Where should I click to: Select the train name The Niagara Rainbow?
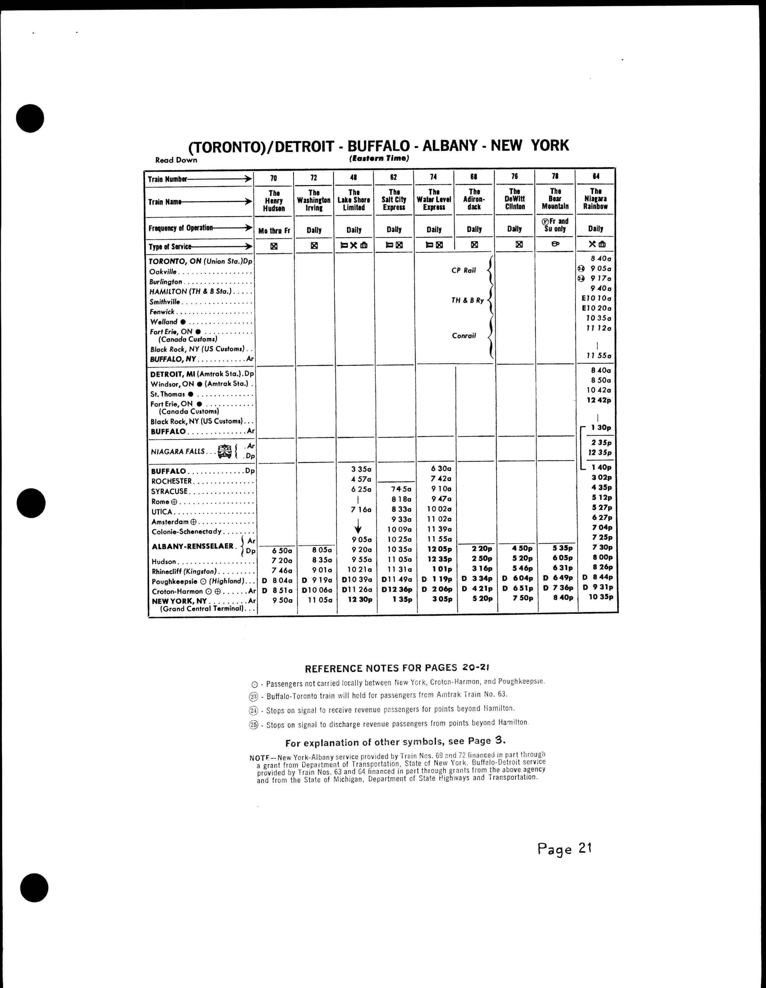click(595, 199)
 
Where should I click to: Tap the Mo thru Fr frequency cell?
click(274, 231)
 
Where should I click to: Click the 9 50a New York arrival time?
click(282, 600)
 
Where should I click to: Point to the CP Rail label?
click(463, 271)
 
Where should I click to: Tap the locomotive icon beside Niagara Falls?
click(224, 452)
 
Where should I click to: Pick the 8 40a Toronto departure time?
click(601, 259)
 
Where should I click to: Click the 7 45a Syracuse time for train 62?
click(401, 489)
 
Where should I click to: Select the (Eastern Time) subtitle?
click(379, 158)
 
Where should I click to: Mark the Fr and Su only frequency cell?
click(555, 225)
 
